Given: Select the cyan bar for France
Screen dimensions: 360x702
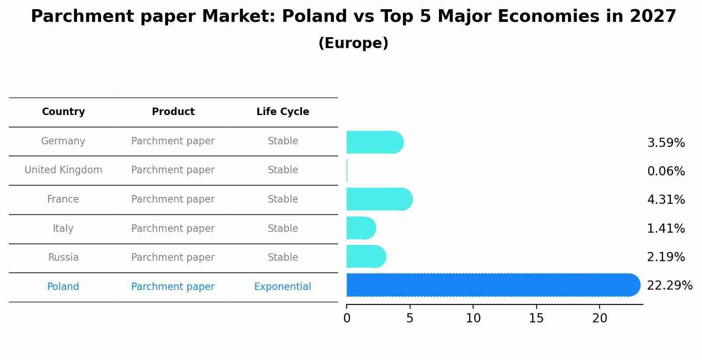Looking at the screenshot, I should pyautogui.click(x=379, y=199).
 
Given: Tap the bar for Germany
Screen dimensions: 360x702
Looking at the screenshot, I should pyautogui.click(x=374, y=143).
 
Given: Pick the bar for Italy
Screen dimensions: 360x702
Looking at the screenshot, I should pyautogui.click(x=361, y=228).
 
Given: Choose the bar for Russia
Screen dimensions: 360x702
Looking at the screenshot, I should pyautogui.click(x=366, y=257).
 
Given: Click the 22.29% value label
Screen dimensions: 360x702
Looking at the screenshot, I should pyautogui.click(x=669, y=286).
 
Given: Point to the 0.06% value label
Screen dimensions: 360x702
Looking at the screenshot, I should pyautogui.click(x=666, y=171).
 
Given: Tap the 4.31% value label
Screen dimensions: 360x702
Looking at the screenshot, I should pyautogui.click(x=666, y=200).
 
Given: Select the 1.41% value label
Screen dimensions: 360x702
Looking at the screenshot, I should pyautogui.click(x=666, y=229).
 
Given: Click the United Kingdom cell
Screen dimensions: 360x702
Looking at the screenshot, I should pyautogui.click(x=63, y=170).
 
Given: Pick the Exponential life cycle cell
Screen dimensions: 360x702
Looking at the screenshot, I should pyautogui.click(x=282, y=287).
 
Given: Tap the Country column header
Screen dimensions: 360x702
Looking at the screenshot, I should pyautogui.click(x=63, y=112).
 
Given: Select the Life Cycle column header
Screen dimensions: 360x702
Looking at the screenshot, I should pyautogui.click(x=283, y=112).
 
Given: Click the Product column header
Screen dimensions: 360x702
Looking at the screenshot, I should pyautogui.click(x=173, y=112).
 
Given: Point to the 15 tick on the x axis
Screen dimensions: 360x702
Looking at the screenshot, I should pyautogui.click(x=536, y=318).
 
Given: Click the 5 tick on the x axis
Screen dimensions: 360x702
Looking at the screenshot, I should pyautogui.click(x=410, y=318).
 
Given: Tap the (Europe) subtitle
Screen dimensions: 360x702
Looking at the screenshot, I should pyautogui.click(x=353, y=43).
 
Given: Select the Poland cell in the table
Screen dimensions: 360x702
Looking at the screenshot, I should pyautogui.click(x=63, y=287).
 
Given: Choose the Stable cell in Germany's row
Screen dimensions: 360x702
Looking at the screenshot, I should pyautogui.click(x=283, y=141).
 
